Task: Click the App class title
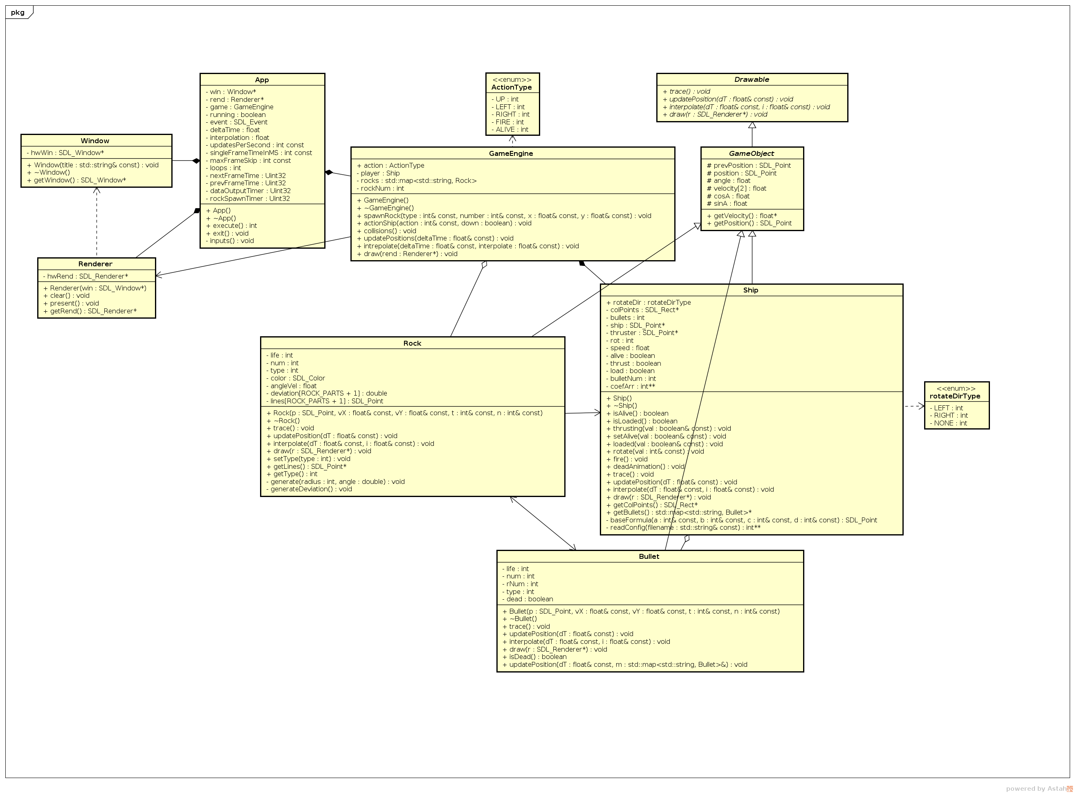click(x=262, y=80)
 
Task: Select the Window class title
click(x=95, y=141)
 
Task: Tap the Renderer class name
click(x=95, y=264)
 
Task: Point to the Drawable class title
click(x=751, y=80)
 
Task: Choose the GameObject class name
click(x=751, y=153)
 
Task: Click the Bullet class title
click(x=649, y=557)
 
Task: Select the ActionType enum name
click(x=511, y=88)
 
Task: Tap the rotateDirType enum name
click(x=955, y=396)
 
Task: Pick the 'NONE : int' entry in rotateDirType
click(x=950, y=423)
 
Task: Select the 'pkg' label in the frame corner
click(x=18, y=13)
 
